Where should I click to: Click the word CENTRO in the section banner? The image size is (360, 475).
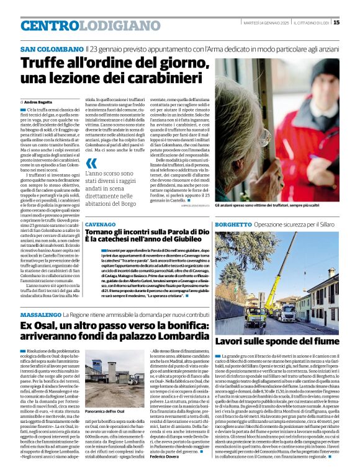50,25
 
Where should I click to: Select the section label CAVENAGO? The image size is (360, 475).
100,224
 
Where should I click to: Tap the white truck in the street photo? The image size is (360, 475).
286,311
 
